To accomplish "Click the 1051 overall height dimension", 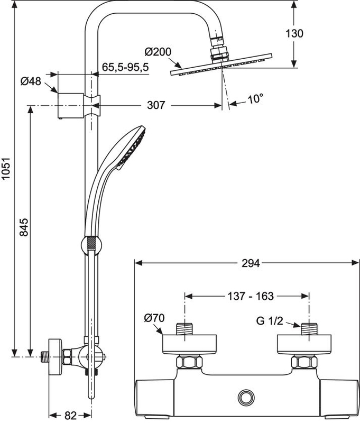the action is (6, 168).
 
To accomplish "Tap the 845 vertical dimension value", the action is (24, 227).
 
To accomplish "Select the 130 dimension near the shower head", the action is (294, 33).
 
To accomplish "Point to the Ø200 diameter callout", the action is (158, 51).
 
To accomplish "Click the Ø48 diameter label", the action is (31, 81).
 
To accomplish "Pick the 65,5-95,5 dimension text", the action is (125, 67).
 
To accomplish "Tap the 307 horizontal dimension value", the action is (156, 105).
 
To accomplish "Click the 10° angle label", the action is (255, 99).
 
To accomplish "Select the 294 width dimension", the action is (251, 263).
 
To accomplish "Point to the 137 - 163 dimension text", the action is (251, 296).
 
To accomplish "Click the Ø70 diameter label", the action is (154, 318).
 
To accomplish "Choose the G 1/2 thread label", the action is (270, 321).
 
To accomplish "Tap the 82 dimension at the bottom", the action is (71, 416).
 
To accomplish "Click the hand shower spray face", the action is (131, 148).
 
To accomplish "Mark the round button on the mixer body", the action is (246, 397).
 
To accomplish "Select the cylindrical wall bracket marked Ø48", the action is (71, 106).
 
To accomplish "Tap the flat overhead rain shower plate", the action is (221, 65).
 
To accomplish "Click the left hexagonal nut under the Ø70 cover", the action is (189, 362).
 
